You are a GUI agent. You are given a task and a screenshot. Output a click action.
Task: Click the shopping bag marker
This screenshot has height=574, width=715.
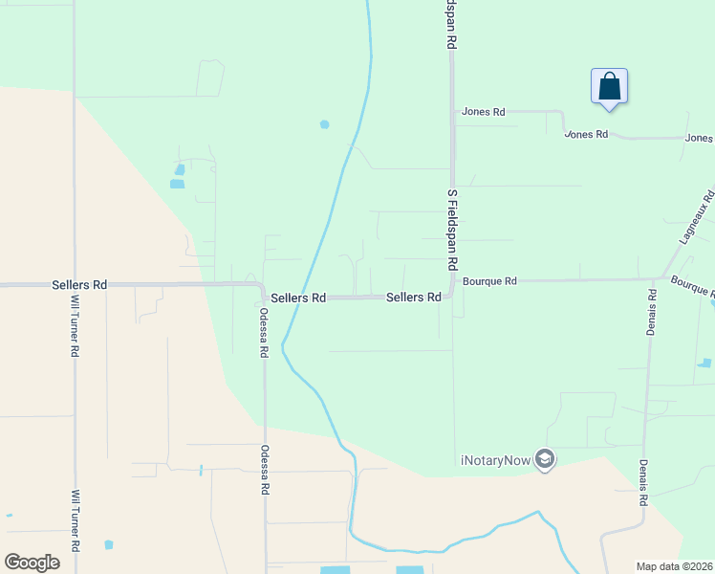pos(609,88)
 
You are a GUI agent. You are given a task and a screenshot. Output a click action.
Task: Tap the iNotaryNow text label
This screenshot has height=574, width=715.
pos(496,460)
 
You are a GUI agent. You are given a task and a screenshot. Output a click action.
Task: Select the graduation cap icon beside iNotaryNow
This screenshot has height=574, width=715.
pos(545,459)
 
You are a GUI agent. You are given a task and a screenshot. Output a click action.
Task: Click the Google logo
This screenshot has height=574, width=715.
pos(32,563)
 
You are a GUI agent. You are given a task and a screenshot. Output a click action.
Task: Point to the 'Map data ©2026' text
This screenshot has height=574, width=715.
pos(675,566)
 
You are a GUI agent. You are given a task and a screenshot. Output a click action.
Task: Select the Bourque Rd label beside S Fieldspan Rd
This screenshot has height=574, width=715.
pos(489,281)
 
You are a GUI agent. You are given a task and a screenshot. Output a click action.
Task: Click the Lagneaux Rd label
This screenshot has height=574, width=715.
pos(696,217)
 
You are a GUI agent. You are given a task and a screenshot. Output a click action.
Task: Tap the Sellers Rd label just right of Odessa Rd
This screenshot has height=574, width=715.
pos(298,298)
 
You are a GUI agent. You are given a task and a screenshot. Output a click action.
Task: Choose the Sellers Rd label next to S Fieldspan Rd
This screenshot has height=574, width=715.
pos(413,298)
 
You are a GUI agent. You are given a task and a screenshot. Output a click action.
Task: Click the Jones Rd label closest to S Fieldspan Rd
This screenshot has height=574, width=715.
pos(483,112)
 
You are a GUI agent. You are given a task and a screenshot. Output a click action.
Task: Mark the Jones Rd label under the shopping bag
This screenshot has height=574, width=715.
pos(586,135)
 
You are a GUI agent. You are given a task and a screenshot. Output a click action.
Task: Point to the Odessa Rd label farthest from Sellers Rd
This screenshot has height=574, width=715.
pos(265,469)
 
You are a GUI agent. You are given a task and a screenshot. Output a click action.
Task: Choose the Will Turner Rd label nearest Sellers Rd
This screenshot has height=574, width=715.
pos(75,325)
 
